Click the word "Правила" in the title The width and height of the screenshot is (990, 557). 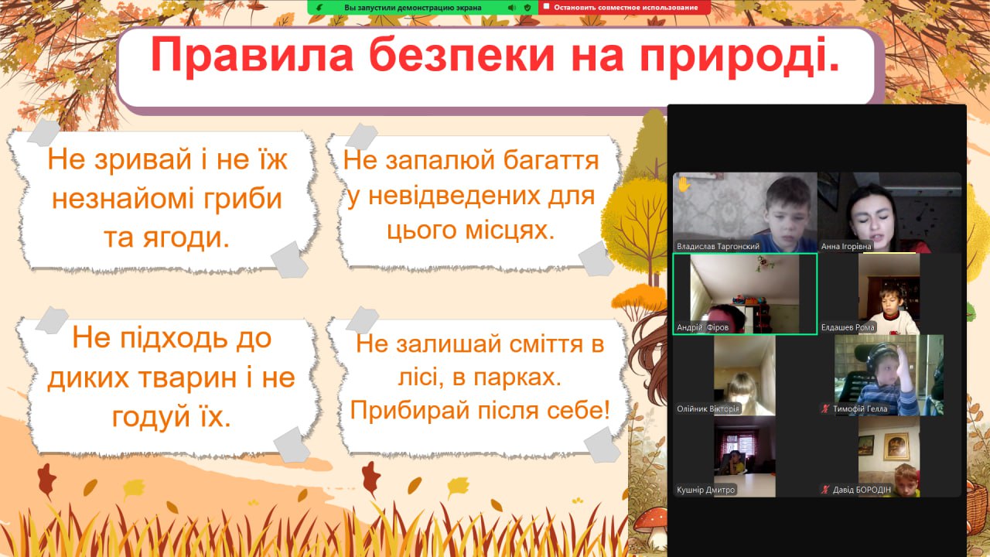pos(252,55)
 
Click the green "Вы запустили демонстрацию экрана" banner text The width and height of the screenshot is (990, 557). pos(413,8)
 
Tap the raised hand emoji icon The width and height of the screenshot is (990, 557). pos(684,184)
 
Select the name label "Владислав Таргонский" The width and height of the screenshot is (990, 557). pos(718,246)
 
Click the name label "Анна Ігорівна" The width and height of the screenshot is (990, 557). pos(846,246)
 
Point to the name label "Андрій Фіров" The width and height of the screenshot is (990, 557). pos(702,327)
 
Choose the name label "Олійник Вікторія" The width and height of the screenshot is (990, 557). pos(708,409)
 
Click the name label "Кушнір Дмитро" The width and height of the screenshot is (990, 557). pos(706,490)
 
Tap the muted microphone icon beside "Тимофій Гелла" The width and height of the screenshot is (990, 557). pos(824,409)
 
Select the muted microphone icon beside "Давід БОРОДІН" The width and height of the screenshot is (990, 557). pos(824,490)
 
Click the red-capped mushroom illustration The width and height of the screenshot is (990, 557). pos(649,526)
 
